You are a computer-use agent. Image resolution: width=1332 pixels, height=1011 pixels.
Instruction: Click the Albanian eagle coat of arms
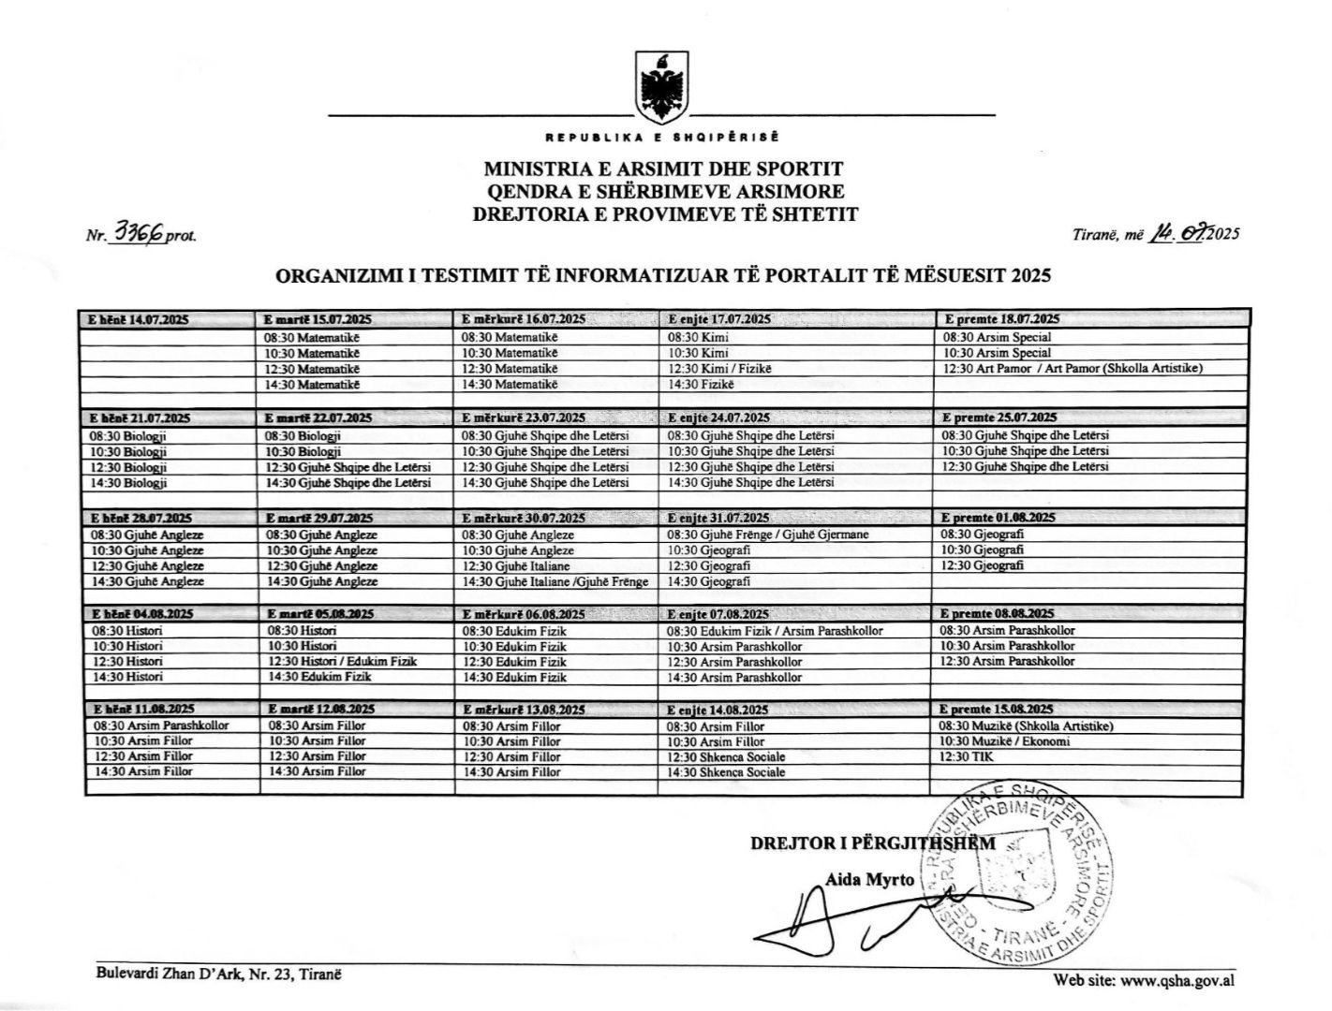coord(664,86)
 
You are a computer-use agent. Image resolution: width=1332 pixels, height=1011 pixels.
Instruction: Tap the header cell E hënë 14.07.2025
coord(139,319)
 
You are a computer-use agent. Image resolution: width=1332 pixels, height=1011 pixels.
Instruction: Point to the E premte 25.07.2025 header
coord(999,418)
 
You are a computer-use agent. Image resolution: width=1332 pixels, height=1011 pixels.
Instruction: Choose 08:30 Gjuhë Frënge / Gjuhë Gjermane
coord(768,535)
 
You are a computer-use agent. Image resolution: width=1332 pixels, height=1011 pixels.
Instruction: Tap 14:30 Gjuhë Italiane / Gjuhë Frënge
coord(555,581)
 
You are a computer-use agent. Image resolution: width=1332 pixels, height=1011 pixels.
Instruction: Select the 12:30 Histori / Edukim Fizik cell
coord(342,661)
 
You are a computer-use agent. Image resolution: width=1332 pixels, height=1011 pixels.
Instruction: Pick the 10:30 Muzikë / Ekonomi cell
coord(1006,741)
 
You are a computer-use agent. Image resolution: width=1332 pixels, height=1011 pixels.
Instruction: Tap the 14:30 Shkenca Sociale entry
coord(727,772)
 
